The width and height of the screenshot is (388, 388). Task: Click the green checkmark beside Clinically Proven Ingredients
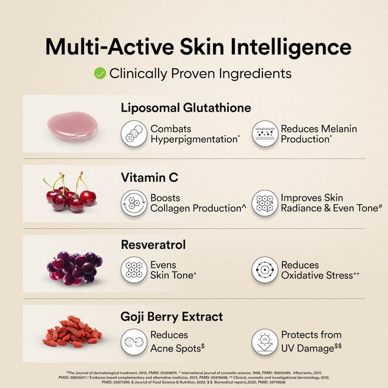coord(100,73)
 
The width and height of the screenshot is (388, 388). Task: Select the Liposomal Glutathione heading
coord(186,108)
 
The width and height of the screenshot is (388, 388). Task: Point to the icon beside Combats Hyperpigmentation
coord(134,134)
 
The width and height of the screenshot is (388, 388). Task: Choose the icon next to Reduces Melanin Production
coord(265,134)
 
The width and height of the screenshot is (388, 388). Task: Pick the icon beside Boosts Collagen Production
coord(134,203)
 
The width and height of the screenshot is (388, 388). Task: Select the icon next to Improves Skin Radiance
coord(265,203)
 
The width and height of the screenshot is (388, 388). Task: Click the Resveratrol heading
coord(153,245)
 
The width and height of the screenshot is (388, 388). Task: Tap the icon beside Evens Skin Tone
coord(134,270)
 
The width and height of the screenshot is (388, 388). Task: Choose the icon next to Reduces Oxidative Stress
coord(265,270)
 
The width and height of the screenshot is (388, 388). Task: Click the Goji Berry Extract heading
coord(171,316)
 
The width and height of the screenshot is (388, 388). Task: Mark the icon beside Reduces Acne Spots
coord(134,342)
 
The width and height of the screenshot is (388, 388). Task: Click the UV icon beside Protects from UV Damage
coord(265,342)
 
